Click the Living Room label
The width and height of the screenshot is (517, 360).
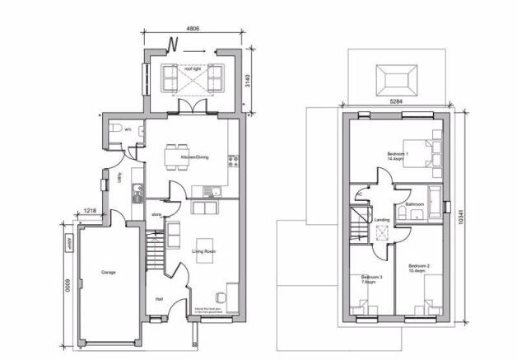203,250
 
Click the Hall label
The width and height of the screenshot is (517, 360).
159,299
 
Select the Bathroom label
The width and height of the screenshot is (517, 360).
414,203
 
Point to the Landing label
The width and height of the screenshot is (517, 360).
381,220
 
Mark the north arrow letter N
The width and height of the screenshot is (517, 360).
173,43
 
